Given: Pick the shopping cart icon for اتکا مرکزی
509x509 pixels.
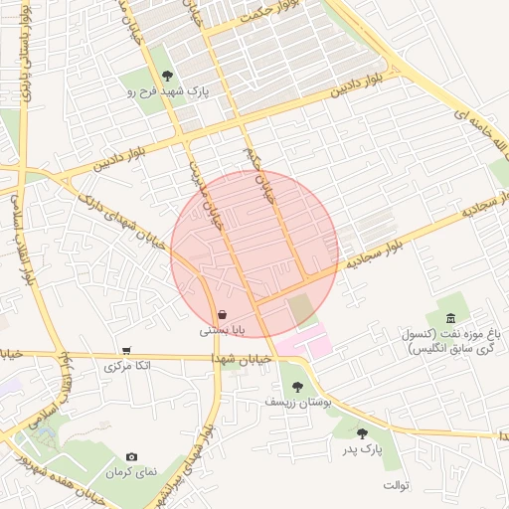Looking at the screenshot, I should tap(126, 350).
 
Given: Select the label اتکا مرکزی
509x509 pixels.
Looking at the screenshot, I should tap(128, 366).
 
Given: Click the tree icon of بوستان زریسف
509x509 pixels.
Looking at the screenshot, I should tap(296, 387).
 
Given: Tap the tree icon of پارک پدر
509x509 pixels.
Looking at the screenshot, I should tap(362, 432).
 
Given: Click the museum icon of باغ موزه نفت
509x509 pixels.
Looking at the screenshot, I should tap(451, 318).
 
